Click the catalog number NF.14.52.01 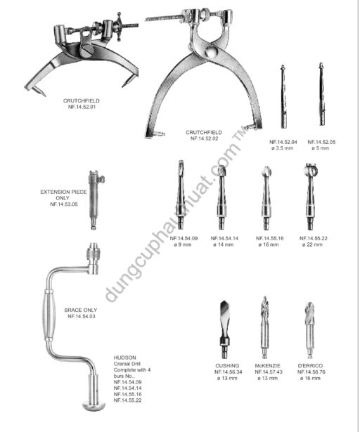[82, 107]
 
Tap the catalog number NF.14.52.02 [204, 138]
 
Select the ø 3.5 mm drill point [283, 97]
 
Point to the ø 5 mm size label [321, 148]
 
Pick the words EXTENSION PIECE [63, 192]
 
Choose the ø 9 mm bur [181, 195]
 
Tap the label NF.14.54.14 [224, 239]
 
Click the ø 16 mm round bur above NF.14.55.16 [266, 198]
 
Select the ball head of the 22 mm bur [310, 170]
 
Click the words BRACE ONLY [81, 310]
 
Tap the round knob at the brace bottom [94, 405]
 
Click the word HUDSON [124, 358]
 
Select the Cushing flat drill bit [224, 329]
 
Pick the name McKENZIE [268, 366]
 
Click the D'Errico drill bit [310, 330]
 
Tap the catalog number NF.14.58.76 [311, 372]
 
